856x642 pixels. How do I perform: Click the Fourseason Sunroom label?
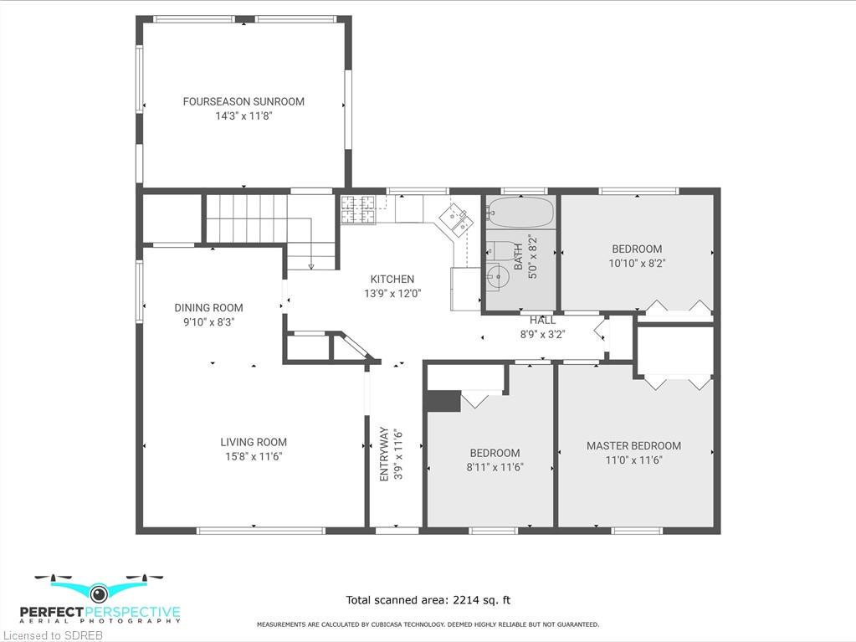(243, 101)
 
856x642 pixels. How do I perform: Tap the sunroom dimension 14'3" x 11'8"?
(243, 116)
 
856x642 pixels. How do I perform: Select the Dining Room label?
(208, 308)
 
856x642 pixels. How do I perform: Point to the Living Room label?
(254, 442)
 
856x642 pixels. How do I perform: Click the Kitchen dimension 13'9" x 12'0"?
(392, 293)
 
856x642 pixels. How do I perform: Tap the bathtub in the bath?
(520, 213)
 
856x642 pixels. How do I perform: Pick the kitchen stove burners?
(358, 209)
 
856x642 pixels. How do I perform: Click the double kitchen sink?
(456, 219)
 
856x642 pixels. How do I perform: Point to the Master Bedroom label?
(633, 446)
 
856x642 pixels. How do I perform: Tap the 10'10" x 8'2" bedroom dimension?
(637, 263)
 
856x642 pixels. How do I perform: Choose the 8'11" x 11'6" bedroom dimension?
(495, 467)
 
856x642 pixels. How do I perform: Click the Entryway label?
(384, 455)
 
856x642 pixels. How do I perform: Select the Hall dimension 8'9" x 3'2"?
(542, 334)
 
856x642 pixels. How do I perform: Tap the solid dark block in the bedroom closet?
(443, 401)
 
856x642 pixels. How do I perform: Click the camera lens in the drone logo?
(99, 593)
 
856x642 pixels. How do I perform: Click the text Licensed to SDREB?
(53, 635)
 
